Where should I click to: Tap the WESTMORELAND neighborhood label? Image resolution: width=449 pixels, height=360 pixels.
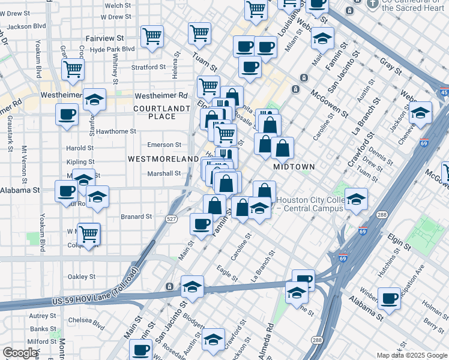pos(163,158)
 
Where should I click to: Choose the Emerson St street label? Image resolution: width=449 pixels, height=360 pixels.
pos(165,145)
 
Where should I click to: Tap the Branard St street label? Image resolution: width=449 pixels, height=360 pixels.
pos(136,217)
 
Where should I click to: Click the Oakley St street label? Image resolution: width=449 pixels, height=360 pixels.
pos(82,277)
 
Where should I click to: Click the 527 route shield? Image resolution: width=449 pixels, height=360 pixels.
pos(172,220)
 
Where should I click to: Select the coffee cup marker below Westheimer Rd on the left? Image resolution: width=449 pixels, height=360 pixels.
pos(67,113)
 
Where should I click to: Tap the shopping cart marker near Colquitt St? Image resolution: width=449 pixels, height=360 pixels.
pos(88,233)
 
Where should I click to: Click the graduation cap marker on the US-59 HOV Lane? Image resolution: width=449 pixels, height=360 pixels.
pos(192,286)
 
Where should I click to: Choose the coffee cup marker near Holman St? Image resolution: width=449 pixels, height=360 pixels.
pos(389,298)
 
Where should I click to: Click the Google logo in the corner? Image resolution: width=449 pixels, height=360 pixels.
pos(20,353)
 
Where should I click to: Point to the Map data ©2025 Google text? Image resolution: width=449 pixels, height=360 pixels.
pos(412,355)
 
